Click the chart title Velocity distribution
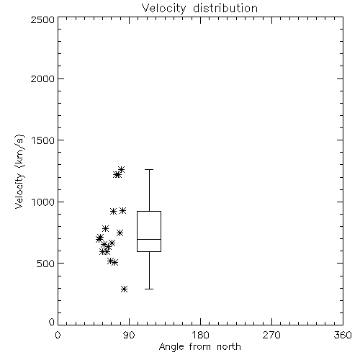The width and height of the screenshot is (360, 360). pyautogui.click(x=199, y=9)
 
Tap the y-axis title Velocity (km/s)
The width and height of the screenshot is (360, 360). pyautogui.click(x=19, y=171)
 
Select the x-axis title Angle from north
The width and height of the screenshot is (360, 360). pyautogui.click(x=199, y=347)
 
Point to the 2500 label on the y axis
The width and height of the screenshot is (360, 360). pyautogui.click(x=42, y=19)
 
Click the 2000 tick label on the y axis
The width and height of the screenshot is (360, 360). pyautogui.click(x=42, y=78)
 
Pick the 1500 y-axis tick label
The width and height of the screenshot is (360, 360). pyautogui.click(x=43, y=140)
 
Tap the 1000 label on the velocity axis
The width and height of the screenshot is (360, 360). pyautogui.click(x=43, y=202)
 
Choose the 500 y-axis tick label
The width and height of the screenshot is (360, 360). pyautogui.click(x=45, y=264)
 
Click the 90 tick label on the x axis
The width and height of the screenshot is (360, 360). pyautogui.click(x=129, y=335)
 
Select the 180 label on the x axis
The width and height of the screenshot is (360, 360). pyautogui.click(x=200, y=335)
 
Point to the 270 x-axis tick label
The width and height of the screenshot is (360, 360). pyautogui.click(x=271, y=335)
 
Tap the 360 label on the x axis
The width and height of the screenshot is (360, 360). pyautogui.click(x=343, y=335)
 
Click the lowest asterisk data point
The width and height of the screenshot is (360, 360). pyautogui.click(x=124, y=289)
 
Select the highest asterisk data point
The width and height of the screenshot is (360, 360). pyautogui.click(x=121, y=170)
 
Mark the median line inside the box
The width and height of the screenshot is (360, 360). pyautogui.click(x=149, y=239)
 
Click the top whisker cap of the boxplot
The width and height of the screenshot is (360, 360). pyautogui.click(x=149, y=170)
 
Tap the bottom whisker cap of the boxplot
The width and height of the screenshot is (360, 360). pyautogui.click(x=149, y=289)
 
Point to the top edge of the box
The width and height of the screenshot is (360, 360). pyautogui.click(x=149, y=212)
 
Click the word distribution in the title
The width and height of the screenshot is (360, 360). pyautogui.click(x=225, y=9)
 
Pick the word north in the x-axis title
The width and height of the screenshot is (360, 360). pyautogui.click(x=229, y=347)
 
